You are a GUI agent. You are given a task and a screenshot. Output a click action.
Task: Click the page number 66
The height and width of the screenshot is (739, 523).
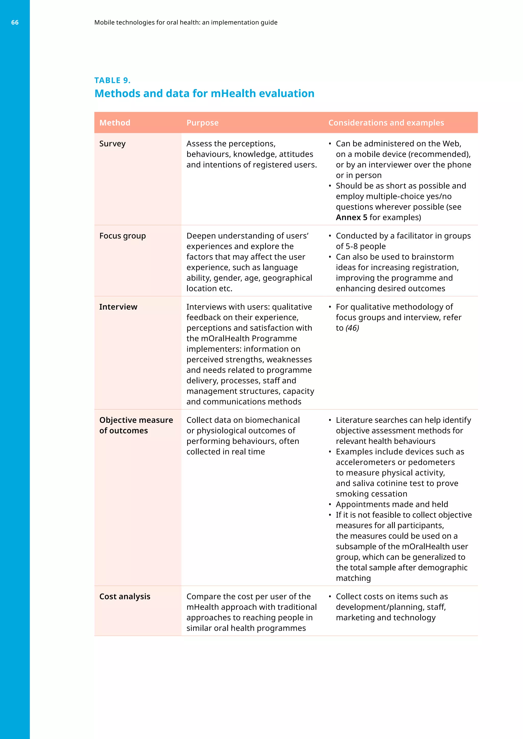click(15, 22)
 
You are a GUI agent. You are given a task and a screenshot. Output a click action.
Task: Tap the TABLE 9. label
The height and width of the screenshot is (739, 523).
click(112, 80)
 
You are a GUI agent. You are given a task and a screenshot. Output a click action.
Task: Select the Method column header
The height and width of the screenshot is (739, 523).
click(115, 123)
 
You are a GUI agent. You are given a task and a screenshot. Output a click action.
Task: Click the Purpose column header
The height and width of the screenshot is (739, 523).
click(202, 123)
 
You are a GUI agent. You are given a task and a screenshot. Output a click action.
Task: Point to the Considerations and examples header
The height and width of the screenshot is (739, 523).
click(386, 123)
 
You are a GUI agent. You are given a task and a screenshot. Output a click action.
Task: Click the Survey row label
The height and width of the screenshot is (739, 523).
click(112, 144)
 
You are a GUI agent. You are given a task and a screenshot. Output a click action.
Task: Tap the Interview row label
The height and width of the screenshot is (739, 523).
click(118, 307)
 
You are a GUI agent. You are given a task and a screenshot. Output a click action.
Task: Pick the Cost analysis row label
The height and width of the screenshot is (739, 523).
click(125, 596)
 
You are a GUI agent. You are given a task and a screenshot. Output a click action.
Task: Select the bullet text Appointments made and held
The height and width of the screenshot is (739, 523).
click(391, 504)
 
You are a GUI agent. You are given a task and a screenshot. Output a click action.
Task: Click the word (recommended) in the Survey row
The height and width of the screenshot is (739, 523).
click(439, 154)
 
